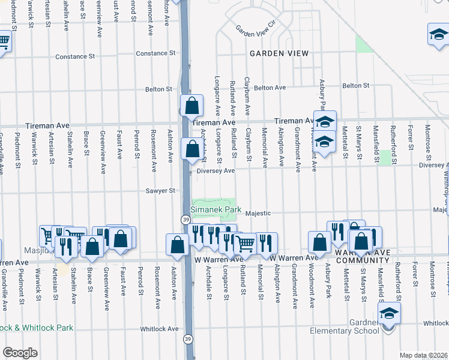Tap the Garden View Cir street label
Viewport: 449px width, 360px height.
[x=255, y=28]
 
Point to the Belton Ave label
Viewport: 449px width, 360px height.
[x=270, y=87]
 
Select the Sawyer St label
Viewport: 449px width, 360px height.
[x=160, y=191]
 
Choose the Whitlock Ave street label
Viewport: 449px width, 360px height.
[x=159, y=329]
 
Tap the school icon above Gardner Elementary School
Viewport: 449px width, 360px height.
[x=388, y=313]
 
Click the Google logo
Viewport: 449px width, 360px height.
[x=20, y=353]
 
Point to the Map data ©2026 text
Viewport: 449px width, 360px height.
[x=424, y=355]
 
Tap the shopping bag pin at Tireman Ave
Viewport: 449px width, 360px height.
[x=191, y=106]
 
